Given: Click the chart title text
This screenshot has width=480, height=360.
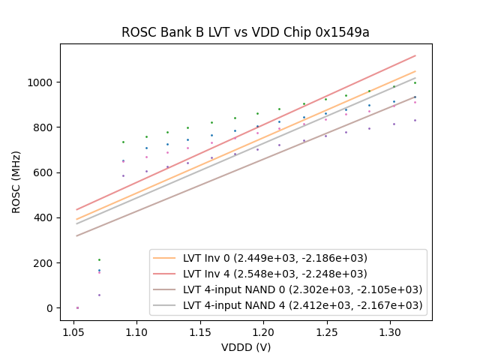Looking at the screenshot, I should pos(245,32).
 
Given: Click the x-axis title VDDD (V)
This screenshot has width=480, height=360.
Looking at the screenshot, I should pos(245,347).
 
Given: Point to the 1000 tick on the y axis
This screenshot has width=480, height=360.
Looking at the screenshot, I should pos(41,82).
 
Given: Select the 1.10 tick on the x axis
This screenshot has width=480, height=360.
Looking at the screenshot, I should pos(136,331).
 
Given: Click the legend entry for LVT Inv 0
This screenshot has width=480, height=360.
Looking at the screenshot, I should pos(274,258).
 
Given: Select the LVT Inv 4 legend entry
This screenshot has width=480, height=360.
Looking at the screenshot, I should pos(274,274).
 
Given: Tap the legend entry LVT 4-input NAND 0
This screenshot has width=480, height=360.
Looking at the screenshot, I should pos(302,289).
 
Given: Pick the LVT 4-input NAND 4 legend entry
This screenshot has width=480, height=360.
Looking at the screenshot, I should pos(302,305).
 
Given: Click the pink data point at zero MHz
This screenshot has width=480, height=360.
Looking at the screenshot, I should pos(76,307).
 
